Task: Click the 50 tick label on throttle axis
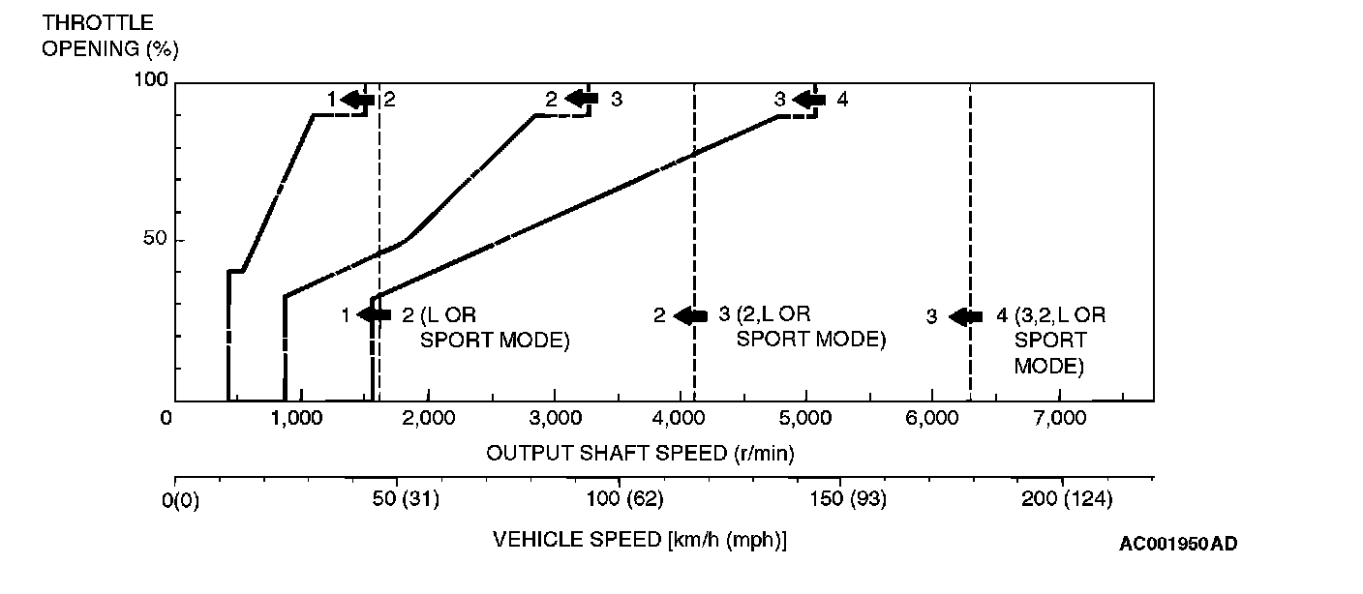[x=146, y=239]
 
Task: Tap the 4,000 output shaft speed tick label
[x=680, y=418]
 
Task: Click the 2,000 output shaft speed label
[x=427, y=418]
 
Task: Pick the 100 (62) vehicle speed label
[x=617, y=500]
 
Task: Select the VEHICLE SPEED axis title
[x=640, y=539]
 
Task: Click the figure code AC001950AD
[x=1178, y=544]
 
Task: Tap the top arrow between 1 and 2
[x=357, y=100]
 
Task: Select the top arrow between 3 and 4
[x=808, y=100]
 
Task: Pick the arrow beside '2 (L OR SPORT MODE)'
[x=374, y=315]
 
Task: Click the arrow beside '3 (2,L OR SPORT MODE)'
[x=690, y=316]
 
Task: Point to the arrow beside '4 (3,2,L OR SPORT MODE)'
[x=966, y=317]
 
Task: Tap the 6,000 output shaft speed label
[x=932, y=418]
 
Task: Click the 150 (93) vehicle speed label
[x=839, y=500]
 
